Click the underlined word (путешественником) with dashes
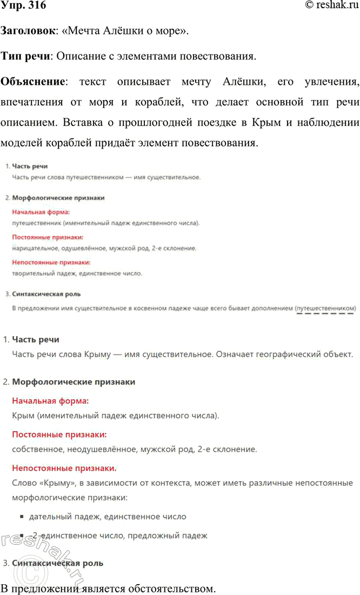326,308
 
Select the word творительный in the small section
31,273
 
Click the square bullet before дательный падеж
22,517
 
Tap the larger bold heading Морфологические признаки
74,382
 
